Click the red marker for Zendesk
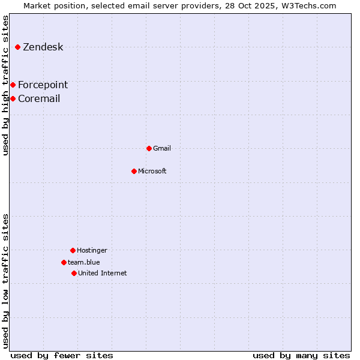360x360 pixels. [18, 47]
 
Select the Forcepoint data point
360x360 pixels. [13, 85]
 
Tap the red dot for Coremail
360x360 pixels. [13, 98]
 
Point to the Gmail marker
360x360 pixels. [149, 148]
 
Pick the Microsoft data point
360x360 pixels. [134, 171]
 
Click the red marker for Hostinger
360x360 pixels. [73, 250]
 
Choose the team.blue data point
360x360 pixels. [64, 262]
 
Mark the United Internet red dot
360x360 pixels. [74, 273]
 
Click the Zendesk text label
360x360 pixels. [43, 47]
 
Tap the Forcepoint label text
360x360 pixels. [43, 85]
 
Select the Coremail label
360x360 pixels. [39, 99]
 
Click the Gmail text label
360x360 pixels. [162, 148]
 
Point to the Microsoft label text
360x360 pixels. [152, 171]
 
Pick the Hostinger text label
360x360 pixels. [92, 250]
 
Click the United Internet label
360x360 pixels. [102, 273]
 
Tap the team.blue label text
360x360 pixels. [84, 262]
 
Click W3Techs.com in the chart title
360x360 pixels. [308, 5]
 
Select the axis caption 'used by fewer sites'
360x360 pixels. [62, 355]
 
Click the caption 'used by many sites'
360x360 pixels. [301, 355]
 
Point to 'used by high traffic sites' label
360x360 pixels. [5, 85]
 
